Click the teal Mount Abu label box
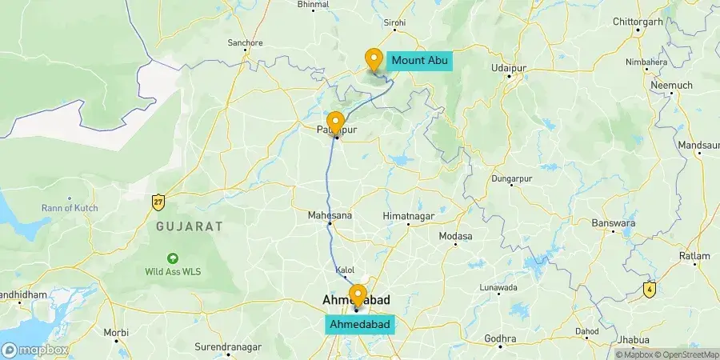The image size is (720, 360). click(x=419, y=60)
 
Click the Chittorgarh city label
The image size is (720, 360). click(x=638, y=22)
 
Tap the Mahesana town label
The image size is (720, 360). click(x=330, y=215)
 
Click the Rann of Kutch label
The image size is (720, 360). click(x=70, y=209)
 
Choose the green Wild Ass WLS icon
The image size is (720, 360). click(x=172, y=258)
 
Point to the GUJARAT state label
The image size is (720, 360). click(x=189, y=227)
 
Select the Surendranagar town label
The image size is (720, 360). click(x=228, y=347)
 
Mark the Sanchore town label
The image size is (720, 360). click(x=246, y=42)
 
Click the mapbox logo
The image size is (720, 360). click(x=34, y=350)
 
